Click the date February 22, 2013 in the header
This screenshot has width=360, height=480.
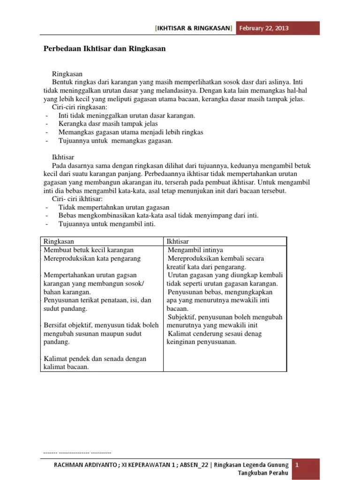pyautogui.click(x=263, y=28)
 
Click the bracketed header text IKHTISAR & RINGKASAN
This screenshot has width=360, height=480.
pyautogui.click(x=194, y=28)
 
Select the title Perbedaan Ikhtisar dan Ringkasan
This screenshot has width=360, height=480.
pyautogui.click(x=105, y=48)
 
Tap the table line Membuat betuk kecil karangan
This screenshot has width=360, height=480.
pyautogui.click(x=89, y=250)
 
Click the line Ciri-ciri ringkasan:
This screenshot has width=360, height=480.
pyautogui.click(x=79, y=107)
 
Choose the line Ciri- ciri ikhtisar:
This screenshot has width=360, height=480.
pyautogui.click(x=77, y=199)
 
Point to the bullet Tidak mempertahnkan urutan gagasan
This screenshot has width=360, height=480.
pyautogui.click(x=114, y=207)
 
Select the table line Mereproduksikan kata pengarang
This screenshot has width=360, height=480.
pyautogui.click(x=92, y=258)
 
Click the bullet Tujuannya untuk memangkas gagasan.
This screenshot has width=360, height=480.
pyautogui.click(x=115, y=141)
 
